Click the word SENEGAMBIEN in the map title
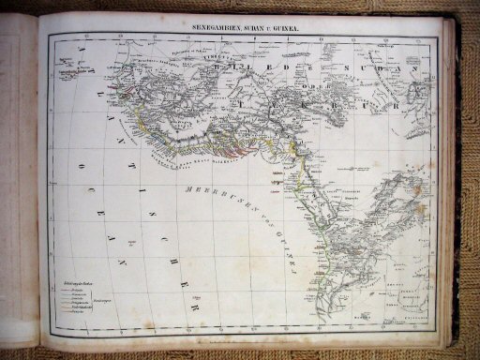[x=217, y=29]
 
